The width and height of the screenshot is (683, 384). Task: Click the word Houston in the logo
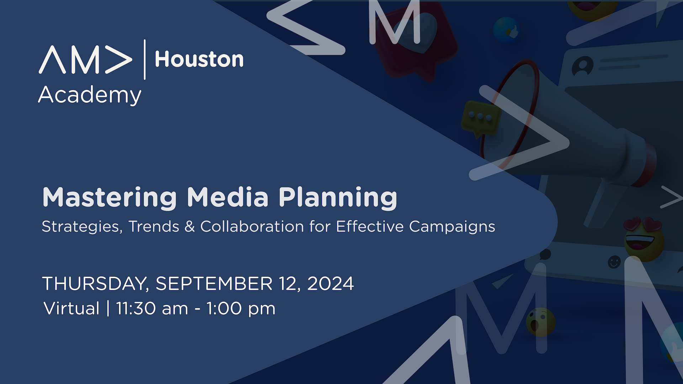tap(199, 59)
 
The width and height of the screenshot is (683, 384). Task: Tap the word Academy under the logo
tap(90, 95)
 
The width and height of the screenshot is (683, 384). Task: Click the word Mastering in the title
tap(110, 197)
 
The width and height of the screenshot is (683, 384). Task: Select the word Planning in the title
tap(338, 197)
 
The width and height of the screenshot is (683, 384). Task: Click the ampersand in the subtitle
tap(190, 226)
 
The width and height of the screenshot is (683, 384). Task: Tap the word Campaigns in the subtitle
tap(452, 227)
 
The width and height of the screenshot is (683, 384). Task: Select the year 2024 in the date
tap(330, 284)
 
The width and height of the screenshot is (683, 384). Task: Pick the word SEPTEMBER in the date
tap(214, 284)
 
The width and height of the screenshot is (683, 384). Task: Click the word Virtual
tap(71, 308)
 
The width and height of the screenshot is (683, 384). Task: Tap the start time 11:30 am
tap(152, 308)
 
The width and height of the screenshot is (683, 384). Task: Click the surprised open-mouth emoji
tap(540, 322)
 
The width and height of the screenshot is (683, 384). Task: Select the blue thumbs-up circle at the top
tap(507, 31)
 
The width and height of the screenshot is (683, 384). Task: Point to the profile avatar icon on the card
tap(582, 66)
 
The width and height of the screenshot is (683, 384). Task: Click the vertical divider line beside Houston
tap(144, 59)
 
